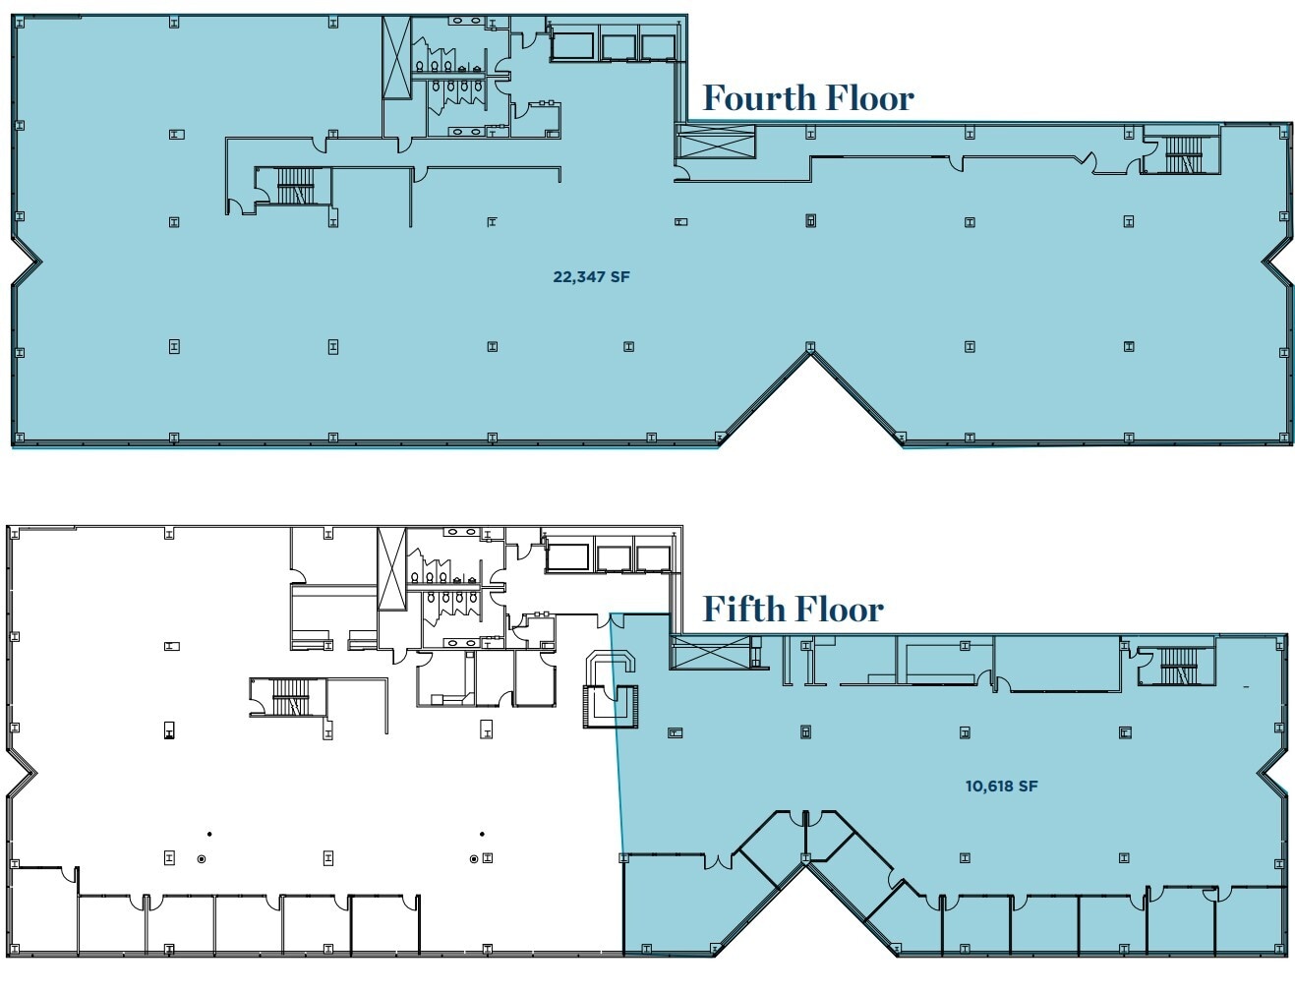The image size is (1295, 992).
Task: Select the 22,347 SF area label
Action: click(591, 277)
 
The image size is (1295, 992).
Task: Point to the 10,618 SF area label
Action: click(1002, 786)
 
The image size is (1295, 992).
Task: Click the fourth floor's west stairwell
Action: click(293, 185)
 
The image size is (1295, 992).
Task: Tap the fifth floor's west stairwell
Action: click(288, 696)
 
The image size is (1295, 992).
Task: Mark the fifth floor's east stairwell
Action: click(1178, 666)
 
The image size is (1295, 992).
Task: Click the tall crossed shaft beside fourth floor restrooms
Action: click(397, 58)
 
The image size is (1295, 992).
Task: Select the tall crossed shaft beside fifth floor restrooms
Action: click(392, 569)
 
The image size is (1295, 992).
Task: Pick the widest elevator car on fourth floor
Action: click(572, 46)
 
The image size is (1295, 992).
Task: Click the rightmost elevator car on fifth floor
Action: click(651, 558)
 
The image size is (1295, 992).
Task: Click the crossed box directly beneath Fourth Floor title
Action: click(715, 143)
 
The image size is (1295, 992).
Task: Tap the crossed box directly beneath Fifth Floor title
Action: click(710, 652)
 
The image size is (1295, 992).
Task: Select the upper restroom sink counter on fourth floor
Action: click(464, 20)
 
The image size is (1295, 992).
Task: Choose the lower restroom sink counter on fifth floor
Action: click(459, 643)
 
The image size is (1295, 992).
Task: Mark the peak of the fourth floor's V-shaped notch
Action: click(810, 353)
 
